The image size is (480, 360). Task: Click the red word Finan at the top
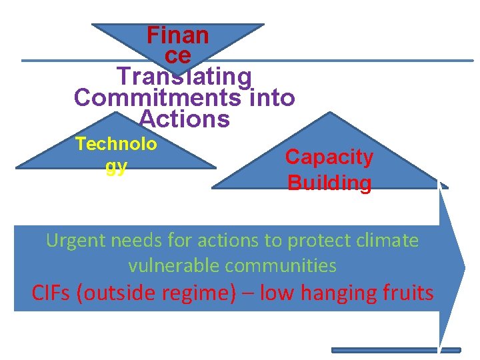[177, 35]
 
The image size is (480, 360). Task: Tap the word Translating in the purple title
[185, 77]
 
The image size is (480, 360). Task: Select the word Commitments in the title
[159, 98]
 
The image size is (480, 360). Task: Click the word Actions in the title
[185, 119]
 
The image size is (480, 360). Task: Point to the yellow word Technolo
[117, 144]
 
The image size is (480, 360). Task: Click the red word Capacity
[329, 157]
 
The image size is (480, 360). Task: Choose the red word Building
[329, 183]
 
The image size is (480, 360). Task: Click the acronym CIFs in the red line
[52, 293]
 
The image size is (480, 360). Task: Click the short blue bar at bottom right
[396, 350]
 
